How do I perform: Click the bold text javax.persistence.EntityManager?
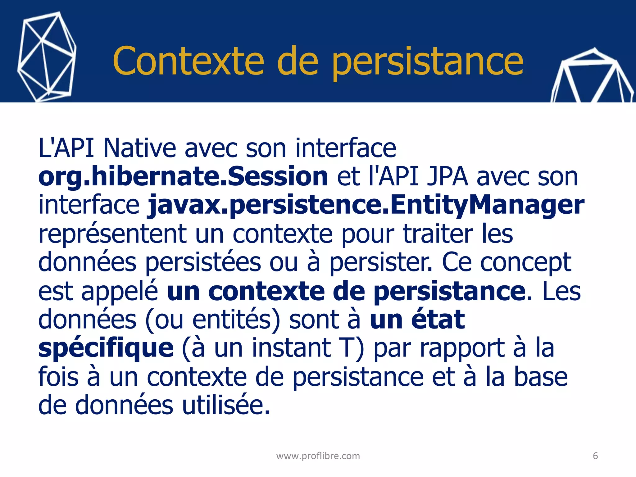point(366,205)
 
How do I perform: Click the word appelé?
point(120,292)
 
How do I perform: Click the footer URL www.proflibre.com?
point(318,456)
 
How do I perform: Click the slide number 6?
point(595,456)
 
